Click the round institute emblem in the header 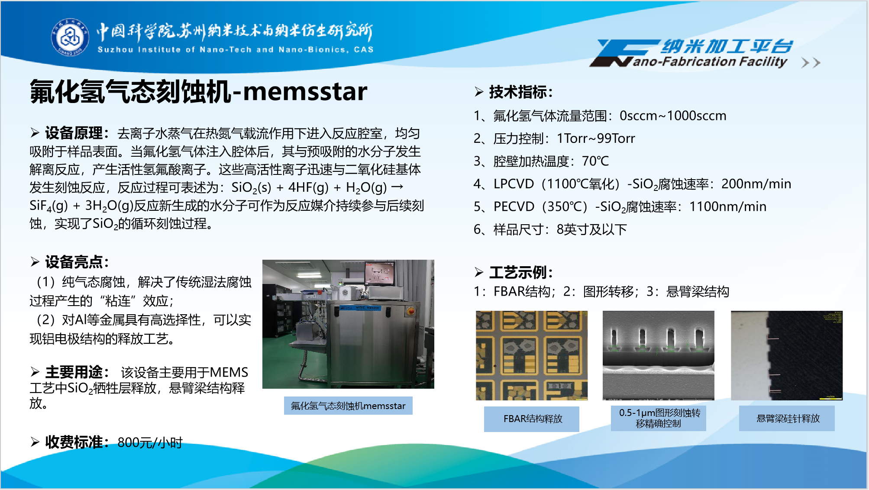70,37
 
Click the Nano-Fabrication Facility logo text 710,62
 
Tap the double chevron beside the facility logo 811,63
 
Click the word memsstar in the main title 305,91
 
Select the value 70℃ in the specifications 595,161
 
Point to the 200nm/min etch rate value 756,184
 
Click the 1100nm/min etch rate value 728,206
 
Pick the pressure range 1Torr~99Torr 596,139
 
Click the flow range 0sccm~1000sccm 673,116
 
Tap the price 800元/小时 150,442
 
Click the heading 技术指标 517,92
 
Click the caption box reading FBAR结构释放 532,419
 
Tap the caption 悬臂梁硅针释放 787,418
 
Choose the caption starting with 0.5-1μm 659,418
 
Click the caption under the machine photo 348,406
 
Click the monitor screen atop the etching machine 380,274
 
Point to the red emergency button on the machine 410,310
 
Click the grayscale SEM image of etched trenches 659,355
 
